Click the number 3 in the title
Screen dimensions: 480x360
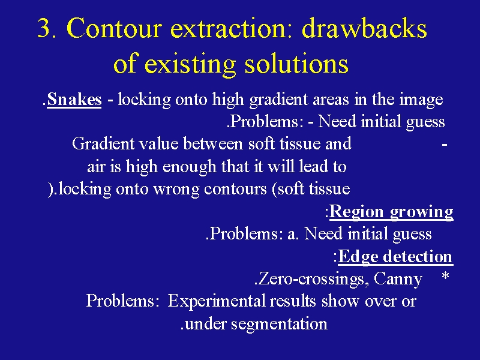coord(44,28)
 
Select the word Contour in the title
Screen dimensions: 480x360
coord(114,28)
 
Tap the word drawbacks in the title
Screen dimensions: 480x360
coord(364,28)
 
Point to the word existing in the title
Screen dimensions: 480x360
coord(190,65)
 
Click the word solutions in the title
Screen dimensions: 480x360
coord(296,64)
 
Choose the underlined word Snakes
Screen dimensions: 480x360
coord(74,100)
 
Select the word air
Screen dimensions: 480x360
coord(96,167)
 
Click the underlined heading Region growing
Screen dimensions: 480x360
coord(391,212)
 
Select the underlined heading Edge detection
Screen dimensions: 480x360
coord(395,257)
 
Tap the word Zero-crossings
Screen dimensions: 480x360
coord(311,279)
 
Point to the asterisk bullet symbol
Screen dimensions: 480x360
coord(445,276)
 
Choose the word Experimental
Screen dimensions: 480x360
coord(216,301)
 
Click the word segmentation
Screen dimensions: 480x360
coord(279,324)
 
